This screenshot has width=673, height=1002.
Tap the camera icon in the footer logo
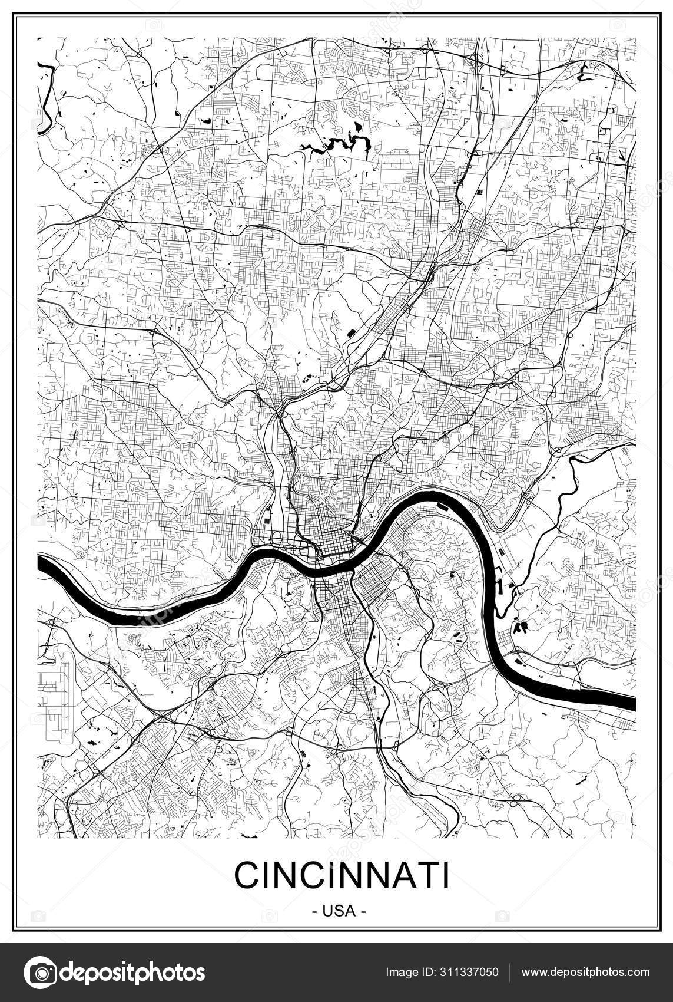(41, 972)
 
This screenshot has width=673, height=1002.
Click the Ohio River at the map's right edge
(630, 703)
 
